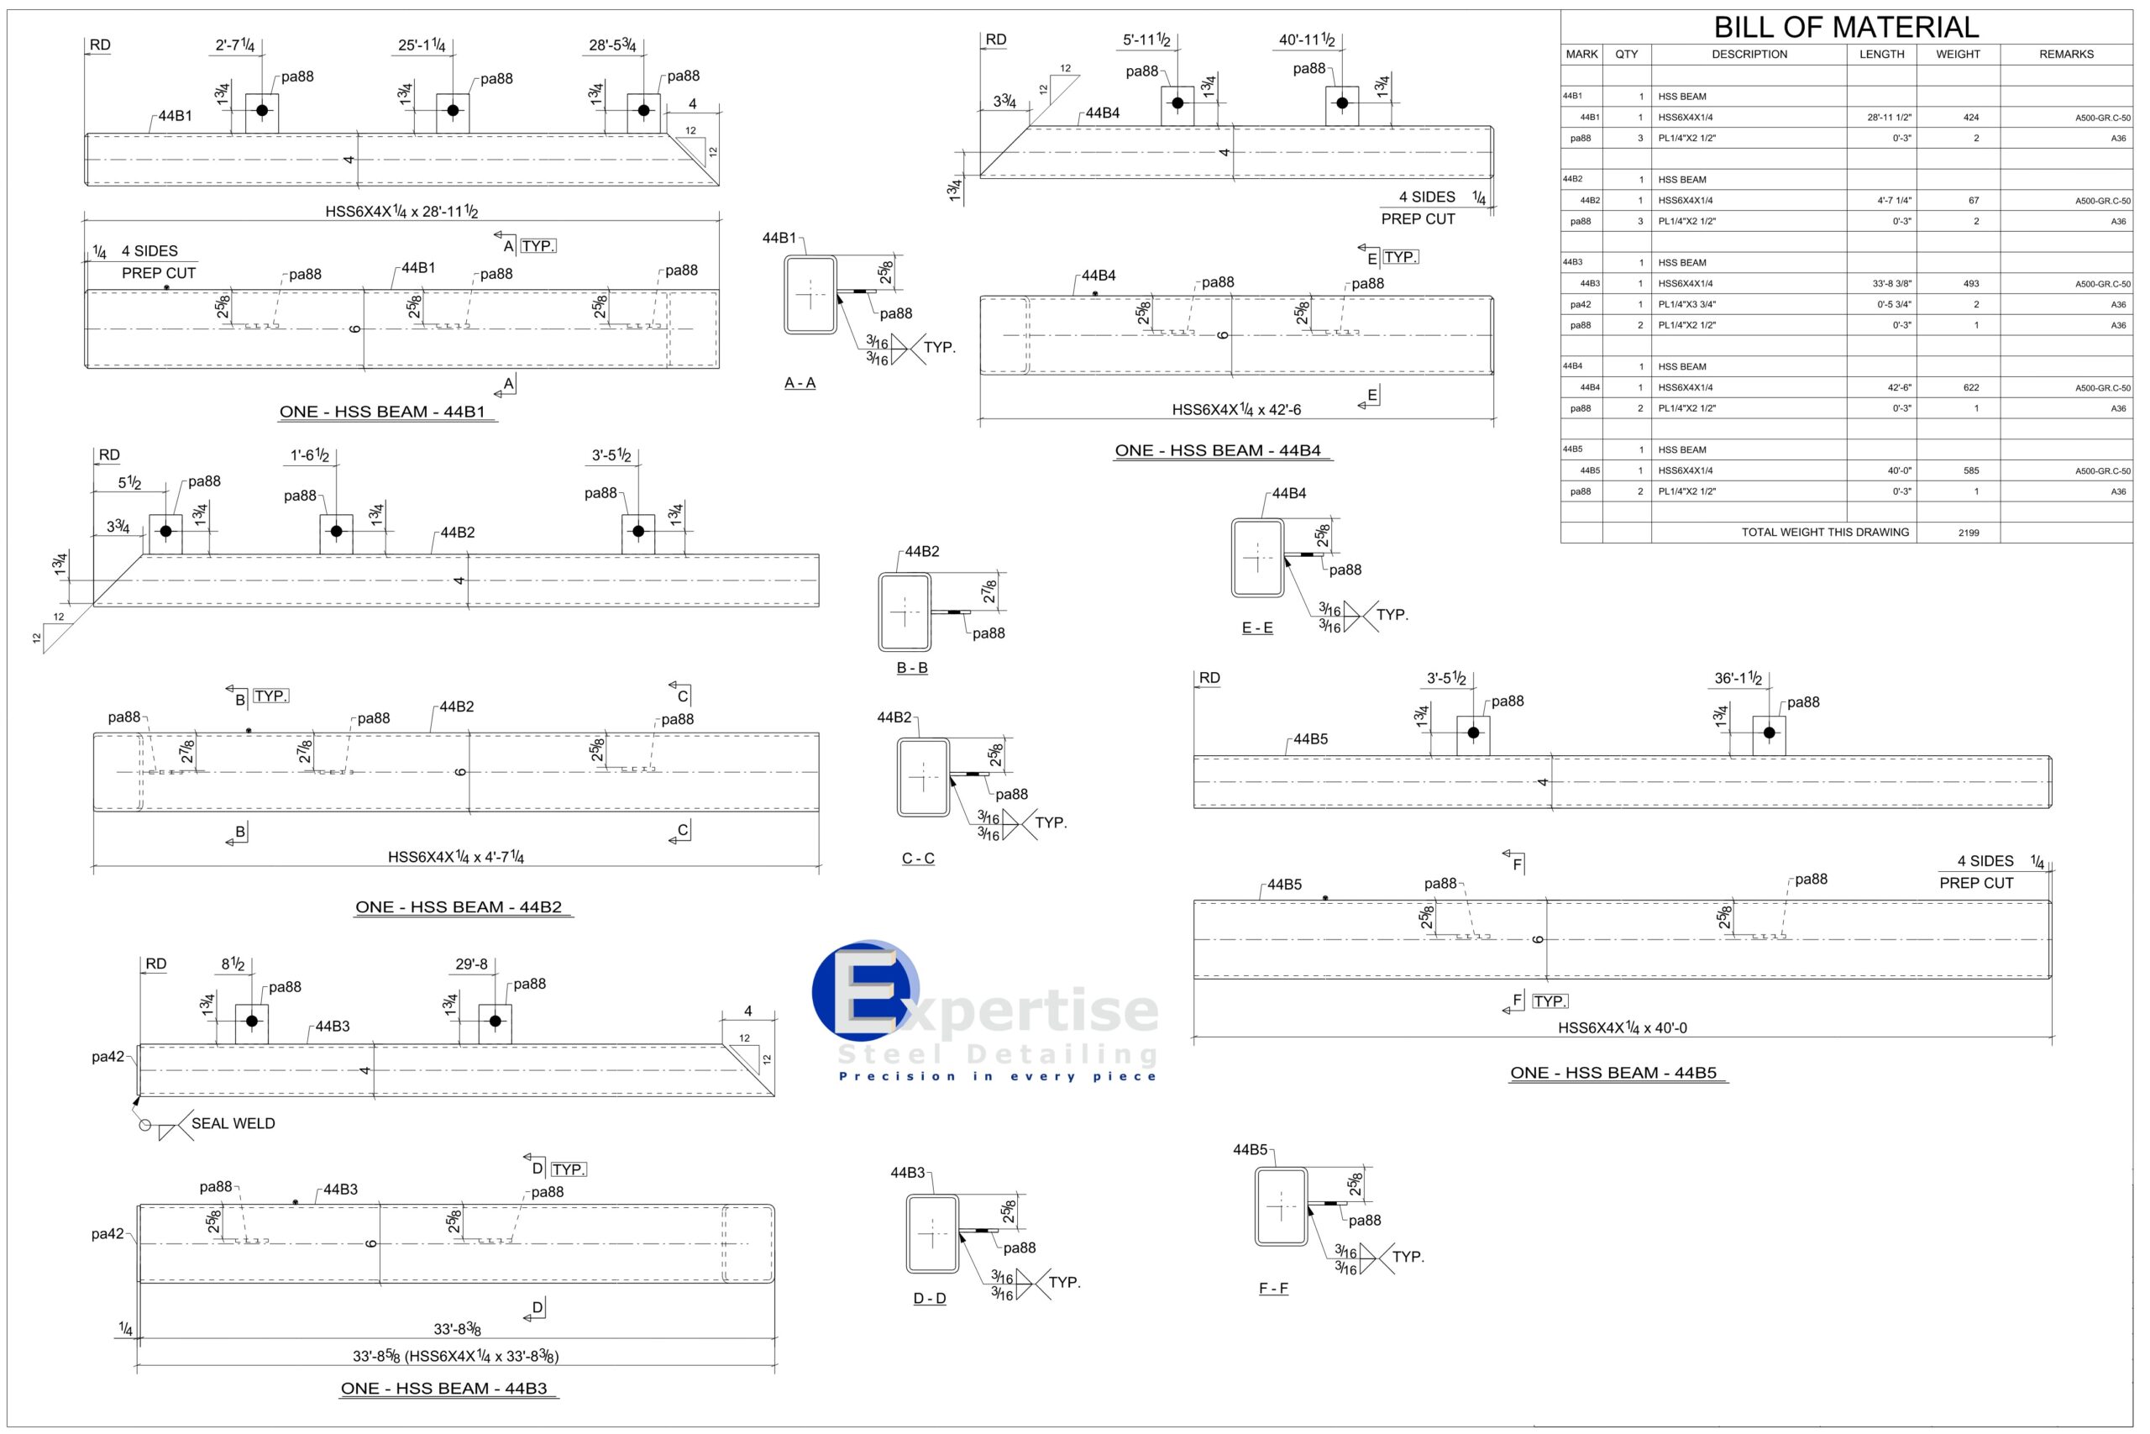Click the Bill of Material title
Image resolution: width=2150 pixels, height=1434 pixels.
(x=1846, y=27)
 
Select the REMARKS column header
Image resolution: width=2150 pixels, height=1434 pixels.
(x=2065, y=54)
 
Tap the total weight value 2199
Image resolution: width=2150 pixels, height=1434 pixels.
(x=1968, y=533)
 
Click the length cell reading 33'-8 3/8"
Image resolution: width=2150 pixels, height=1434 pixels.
(x=1890, y=283)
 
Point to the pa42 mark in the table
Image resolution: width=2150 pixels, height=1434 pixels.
(x=1580, y=305)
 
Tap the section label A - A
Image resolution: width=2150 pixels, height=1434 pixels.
(x=799, y=383)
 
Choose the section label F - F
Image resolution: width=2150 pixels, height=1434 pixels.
(x=1272, y=1289)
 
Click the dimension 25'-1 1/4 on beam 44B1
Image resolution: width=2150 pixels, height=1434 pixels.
(x=422, y=45)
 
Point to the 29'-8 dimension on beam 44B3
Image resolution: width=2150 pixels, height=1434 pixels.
(x=471, y=964)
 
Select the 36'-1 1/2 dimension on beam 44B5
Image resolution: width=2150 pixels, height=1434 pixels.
(x=1737, y=679)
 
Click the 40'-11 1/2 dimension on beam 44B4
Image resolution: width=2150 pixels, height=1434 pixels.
(x=1306, y=40)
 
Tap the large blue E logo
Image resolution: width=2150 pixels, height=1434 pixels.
(x=865, y=991)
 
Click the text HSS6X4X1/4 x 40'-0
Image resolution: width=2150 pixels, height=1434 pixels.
(x=1622, y=1028)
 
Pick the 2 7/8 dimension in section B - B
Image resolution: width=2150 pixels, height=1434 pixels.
(x=989, y=591)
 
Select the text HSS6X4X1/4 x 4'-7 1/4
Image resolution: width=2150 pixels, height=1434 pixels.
(x=455, y=857)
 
